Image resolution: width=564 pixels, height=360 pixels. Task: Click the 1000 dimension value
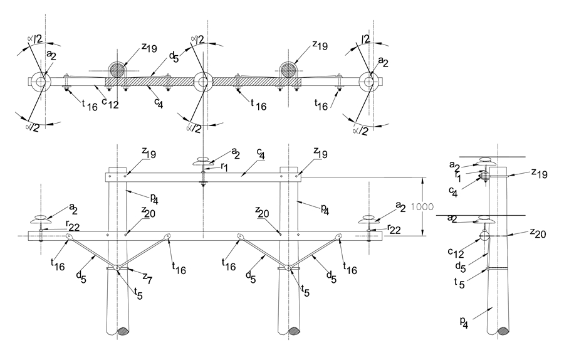pos(422,207)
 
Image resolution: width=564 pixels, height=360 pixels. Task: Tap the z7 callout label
pos(147,278)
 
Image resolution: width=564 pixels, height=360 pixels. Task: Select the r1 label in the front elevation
pos(224,167)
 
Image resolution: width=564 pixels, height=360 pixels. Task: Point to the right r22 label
pos(394,229)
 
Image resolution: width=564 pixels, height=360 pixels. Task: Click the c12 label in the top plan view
pos(110,103)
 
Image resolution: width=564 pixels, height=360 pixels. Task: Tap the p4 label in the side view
pos(464,322)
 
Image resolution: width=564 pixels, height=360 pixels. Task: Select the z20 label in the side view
pos(538,233)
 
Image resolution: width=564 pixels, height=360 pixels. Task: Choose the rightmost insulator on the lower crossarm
pos(368,219)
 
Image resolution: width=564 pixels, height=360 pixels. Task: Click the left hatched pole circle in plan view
pos(118,70)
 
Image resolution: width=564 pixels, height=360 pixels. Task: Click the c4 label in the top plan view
pos(159,103)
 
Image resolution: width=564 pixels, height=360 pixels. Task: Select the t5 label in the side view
pos(459,283)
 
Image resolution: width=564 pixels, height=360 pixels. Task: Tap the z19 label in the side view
pos(539,174)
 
